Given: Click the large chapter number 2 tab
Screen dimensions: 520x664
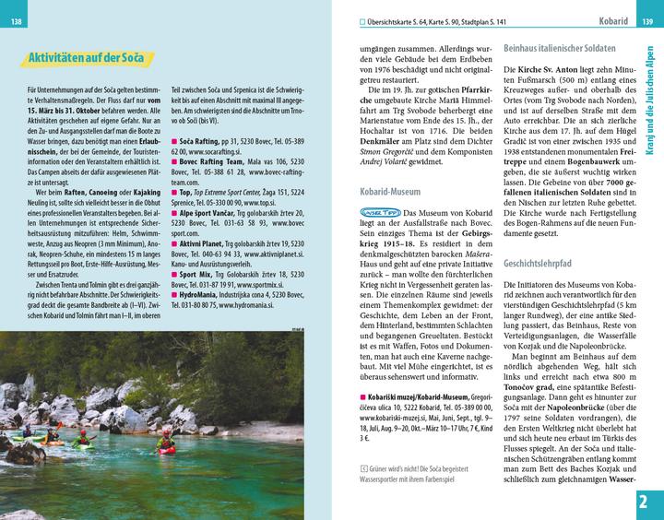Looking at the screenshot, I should tap(647, 501).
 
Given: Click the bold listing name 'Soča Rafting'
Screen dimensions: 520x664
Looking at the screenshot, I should tap(201, 141).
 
